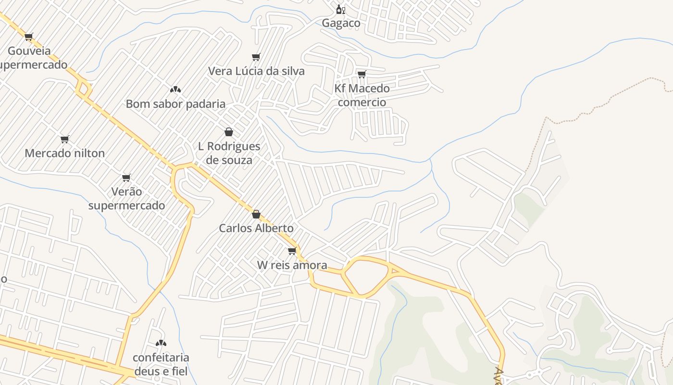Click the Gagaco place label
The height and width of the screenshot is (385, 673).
pyautogui.click(x=341, y=23)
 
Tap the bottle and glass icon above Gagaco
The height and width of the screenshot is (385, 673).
pyautogui.click(x=340, y=9)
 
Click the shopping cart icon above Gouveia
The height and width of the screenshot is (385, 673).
pyautogui.click(x=29, y=37)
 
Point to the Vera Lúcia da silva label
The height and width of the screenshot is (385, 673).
pyautogui.click(x=256, y=71)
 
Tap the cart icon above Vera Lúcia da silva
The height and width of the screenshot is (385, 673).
pyautogui.click(x=256, y=57)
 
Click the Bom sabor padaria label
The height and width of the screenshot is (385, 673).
pyautogui.click(x=175, y=104)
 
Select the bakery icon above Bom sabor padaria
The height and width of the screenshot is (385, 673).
pyautogui.click(x=175, y=90)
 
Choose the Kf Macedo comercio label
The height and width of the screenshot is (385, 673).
pyautogui.click(x=362, y=95)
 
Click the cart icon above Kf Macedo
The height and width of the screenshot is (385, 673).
pyautogui.click(x=362, y=74)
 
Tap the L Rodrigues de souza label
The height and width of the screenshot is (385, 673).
pyautogui.click(x=229, y=153)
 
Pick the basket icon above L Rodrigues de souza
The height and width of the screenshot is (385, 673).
pyautogui.click(x=229, y=132)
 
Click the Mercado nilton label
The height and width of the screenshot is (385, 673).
pyautogui.click(x=64, y=153)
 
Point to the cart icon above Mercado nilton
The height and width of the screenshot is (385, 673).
pyautogui.click(x=65, y=140)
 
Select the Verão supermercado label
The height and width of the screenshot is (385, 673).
pyautogui.click(x=126, y=198)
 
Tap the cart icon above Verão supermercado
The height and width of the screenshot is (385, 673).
pyautogui.click(x=126, y=178)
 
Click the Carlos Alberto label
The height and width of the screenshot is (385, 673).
pyautogui.click(x=256, y=228)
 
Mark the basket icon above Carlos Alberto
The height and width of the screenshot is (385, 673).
pyautogui.click(x=256, y=214)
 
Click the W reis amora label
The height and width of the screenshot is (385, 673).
pyautogui.click(x=292, y=265)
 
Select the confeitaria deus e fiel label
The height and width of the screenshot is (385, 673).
pyautogui.click(x=161, y=364)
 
